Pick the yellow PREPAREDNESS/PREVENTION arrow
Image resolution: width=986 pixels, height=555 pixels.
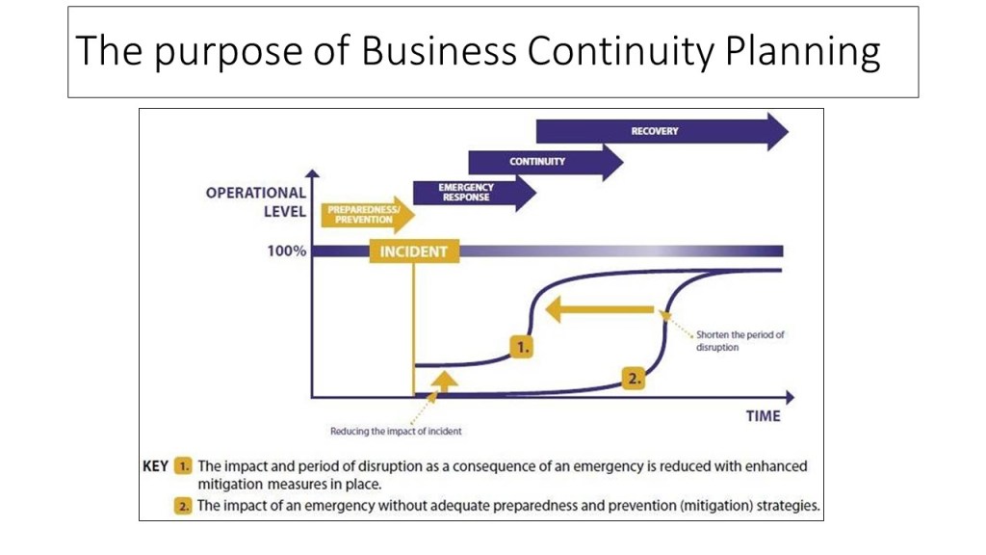pos(364,215)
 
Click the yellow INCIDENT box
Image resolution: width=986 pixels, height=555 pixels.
pos(414,251)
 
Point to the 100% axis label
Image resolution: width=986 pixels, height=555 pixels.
pos(286,251)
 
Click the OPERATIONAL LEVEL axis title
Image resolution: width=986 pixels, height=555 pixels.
pos(256,201)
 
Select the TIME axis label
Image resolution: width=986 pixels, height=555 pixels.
pos(763,416)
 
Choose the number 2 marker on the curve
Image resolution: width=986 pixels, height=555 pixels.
pos(634,379)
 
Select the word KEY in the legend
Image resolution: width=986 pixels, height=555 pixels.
pos(156,465)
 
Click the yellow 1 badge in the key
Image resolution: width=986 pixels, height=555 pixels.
pos(184,465)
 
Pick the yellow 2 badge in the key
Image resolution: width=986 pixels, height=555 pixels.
pos(184,505)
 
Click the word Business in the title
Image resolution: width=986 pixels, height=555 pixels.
pos(439,51)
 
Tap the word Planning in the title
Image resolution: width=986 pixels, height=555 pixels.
pos(803,51)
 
